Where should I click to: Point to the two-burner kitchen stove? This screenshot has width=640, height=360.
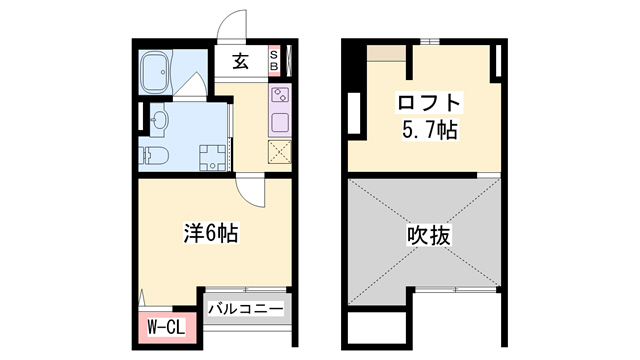279,98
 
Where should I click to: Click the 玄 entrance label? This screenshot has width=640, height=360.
242,61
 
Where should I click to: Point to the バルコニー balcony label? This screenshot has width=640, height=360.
245,308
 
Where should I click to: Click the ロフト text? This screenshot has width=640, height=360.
431,102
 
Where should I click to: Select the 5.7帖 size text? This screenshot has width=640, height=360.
431,130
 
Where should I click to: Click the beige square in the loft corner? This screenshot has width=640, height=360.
384,54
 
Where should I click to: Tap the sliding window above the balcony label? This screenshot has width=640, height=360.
245,293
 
